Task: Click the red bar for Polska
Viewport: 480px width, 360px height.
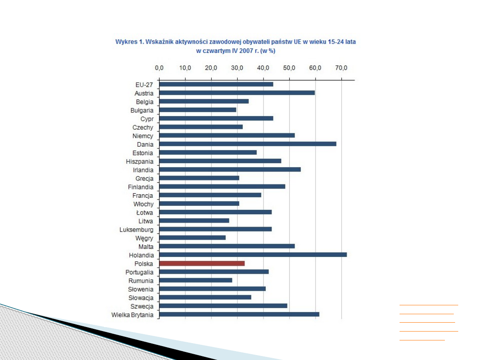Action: pos(202,264)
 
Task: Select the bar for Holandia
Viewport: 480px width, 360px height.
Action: pos(252,255)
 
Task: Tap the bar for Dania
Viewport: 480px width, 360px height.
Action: pos(248,144)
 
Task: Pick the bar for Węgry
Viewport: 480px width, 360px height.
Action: pos(192,238)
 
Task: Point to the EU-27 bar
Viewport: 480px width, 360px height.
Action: pos(216,84)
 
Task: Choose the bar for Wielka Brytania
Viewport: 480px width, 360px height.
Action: pos(239,315)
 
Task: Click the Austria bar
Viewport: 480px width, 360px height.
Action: pos(237,93)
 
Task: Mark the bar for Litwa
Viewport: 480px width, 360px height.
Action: pos(194,221)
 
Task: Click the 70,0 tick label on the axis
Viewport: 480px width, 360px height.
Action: pos(341,68)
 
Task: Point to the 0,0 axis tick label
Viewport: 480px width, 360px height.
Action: pos(159,68)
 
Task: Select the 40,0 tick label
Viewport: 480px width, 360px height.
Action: pos(263,68)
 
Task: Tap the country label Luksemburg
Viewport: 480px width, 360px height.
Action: pos(136,230)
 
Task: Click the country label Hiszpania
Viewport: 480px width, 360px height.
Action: pos(140,161)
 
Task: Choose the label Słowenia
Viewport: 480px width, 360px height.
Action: pos(141,289)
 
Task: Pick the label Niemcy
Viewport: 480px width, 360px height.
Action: pos(143,136)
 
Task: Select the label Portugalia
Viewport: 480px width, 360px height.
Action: pos(140,272)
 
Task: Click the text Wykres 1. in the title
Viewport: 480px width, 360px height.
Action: pos(129,42)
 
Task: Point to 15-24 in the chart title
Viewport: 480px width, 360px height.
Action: pos(332,42)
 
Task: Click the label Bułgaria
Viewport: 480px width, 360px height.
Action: pos(142,110)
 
